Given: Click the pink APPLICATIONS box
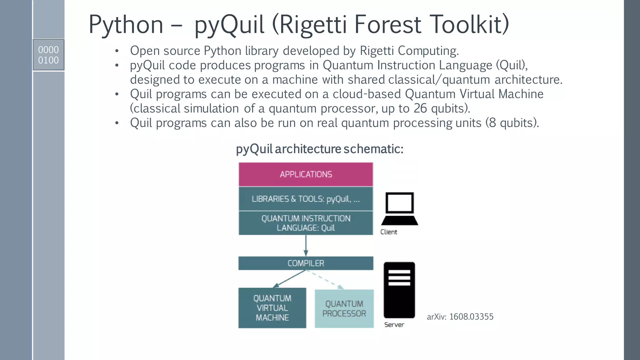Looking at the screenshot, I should point(306,174).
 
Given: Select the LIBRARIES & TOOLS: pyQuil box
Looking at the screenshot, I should point(306,199).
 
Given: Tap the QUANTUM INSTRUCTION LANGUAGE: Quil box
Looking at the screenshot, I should point(306,223).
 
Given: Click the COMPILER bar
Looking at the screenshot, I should point(306,263).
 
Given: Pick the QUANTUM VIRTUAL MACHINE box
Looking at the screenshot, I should point(272,308).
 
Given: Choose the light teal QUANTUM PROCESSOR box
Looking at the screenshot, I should point(344,308).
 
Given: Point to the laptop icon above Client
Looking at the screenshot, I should point(399,208).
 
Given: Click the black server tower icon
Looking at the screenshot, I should point(399,290).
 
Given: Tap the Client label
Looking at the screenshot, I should point(388,232).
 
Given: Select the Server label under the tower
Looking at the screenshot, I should point(394,325).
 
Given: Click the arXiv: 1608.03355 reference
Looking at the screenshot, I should point(460,317).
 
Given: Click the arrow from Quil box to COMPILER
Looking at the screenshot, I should point(306,245).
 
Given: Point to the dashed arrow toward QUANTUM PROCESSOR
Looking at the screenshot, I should point(325,279).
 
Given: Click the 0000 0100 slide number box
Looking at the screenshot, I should point(48,55).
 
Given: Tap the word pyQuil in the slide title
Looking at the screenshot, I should point(229,25).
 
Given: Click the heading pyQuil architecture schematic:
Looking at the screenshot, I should point(319,149).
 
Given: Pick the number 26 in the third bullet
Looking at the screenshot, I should point(420,108).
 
